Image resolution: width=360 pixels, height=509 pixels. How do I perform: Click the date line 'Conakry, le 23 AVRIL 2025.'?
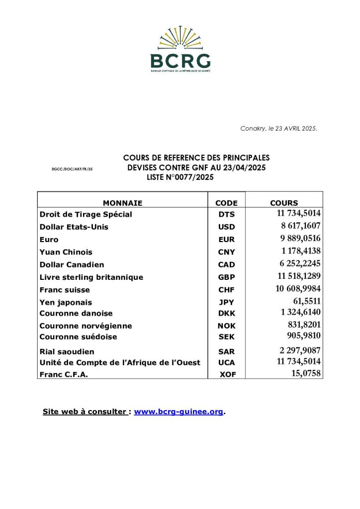click(278, 129)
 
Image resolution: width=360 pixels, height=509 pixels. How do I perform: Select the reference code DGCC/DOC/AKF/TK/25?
click(72, 170)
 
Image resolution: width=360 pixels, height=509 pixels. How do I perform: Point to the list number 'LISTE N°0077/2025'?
click(180, 177)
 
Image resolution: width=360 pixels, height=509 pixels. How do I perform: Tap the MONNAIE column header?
click(122, 203)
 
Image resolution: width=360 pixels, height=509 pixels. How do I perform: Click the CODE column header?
click(226, 203)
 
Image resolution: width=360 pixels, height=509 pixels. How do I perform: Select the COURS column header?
click(284, 203)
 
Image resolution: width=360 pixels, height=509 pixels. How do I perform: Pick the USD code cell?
click(226, 227)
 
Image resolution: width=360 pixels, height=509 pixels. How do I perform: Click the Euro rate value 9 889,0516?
click(300, 239)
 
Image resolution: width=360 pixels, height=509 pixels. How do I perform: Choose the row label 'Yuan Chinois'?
click(66, 252)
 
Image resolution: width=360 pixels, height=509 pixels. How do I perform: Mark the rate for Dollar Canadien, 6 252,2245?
click(300, 264)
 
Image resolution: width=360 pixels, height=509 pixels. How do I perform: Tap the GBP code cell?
click(226, 277)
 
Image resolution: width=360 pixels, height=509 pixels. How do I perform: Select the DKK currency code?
click(226, 314)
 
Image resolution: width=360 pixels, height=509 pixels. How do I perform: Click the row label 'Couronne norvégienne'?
click(86, 326)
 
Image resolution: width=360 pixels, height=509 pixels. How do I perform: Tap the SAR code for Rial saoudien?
click(226, 352)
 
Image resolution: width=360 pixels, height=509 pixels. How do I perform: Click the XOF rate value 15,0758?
click(306, 373)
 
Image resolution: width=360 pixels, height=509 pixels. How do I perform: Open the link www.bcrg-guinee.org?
click(179, 412)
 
